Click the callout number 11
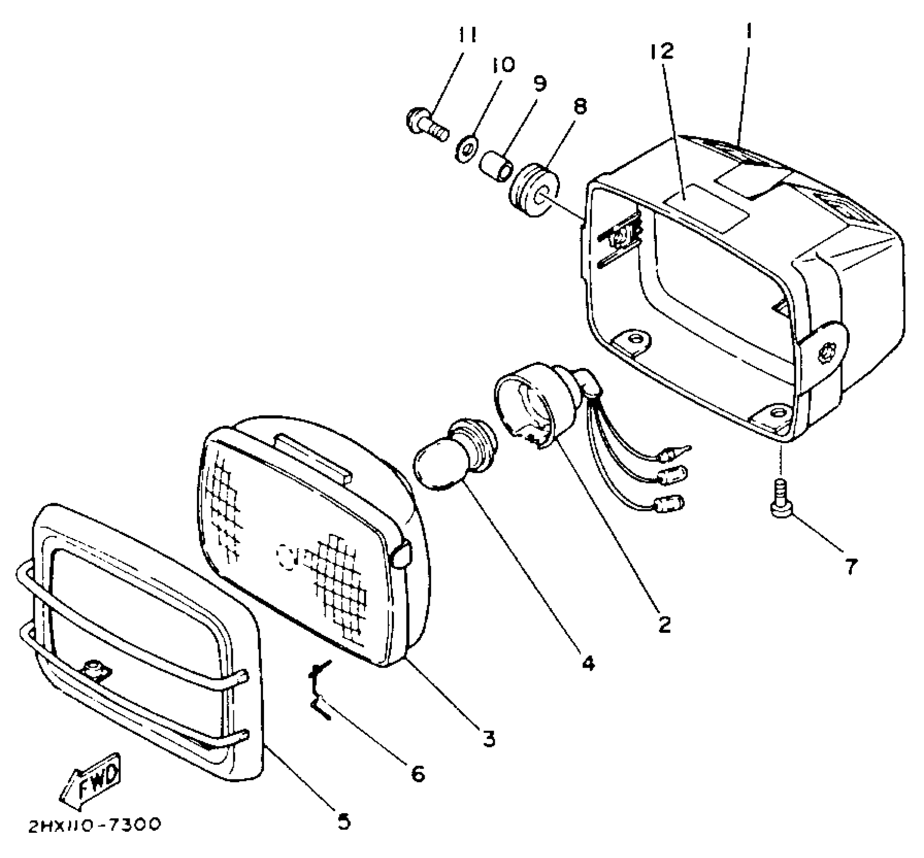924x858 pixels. click(467, 36)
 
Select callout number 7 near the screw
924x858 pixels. click(851, 567)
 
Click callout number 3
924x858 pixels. click(489, 738)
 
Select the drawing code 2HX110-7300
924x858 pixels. click(94, 825)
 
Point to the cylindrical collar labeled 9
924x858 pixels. click(496, 167)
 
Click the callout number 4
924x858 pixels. click(587, 663)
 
